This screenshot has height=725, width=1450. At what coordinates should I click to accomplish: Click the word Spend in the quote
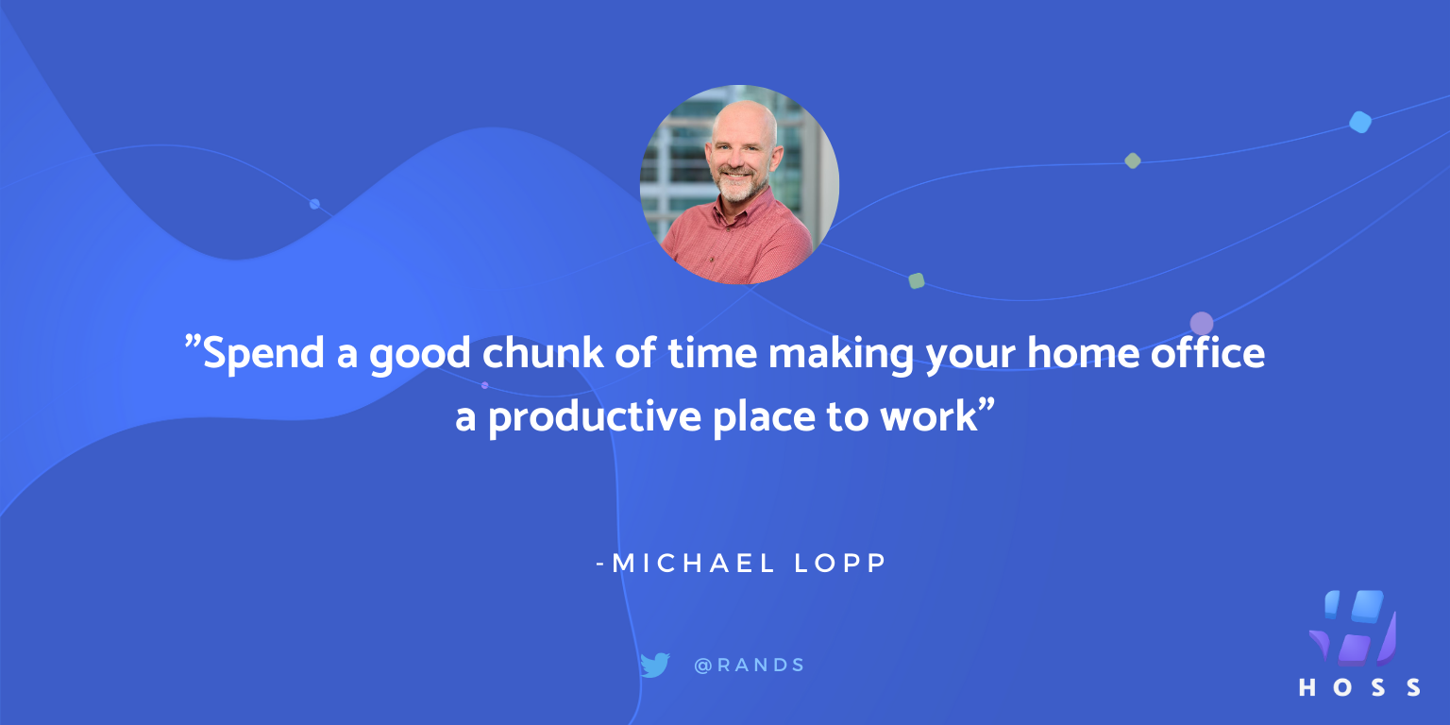coord(263,354)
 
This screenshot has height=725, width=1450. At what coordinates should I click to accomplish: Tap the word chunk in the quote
coord(543,353)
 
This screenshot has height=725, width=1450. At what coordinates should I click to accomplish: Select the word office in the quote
coord(1208,352)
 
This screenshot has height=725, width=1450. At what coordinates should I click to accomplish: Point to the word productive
coord(595,417)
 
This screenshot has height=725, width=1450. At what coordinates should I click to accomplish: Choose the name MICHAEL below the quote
coord(693,563)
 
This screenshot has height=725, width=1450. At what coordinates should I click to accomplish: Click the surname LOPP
coord(840,563)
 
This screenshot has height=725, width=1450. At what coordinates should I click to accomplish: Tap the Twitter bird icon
coord(655,665)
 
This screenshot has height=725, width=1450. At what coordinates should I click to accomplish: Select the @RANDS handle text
coord(750,665)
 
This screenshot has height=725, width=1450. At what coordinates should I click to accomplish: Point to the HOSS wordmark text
coord(1359,687)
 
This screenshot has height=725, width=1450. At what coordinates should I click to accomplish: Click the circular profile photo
coord(739,184)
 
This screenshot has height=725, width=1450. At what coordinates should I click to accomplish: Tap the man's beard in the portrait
coord(739,183)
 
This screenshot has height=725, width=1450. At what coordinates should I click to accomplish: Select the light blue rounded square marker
coord(1360,122)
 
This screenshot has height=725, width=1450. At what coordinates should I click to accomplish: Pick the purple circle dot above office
coord(1202,323)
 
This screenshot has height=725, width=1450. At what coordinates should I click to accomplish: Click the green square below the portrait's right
coord(916,281)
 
